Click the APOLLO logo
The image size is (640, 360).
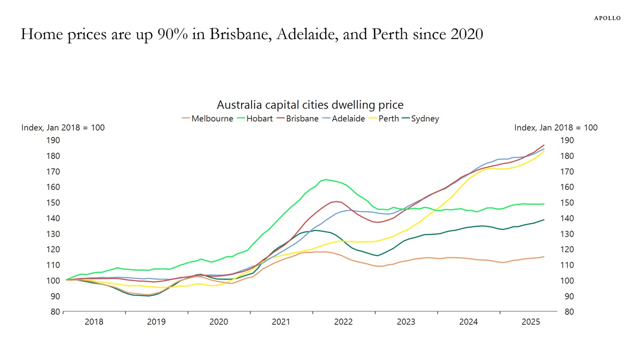click(x=607, y=18)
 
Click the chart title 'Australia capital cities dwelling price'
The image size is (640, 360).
click(x=310, y=105)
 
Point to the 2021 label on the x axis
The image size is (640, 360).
click(x=281, y=322)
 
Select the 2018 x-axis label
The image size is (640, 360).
click(x=94, y=322)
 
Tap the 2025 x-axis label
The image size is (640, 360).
click(x=531, y=322)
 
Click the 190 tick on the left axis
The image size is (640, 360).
click(x=53, y=140)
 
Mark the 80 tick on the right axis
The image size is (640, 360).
click(x=568, y=312)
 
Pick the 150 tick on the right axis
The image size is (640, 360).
click(x=568, y=202)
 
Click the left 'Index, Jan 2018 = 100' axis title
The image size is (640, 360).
click(x=63, y=127)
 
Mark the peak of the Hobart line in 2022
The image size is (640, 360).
click(x=326, y=180)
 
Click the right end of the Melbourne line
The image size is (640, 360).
click(x=544, y=256)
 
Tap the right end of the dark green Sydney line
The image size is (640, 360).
click(x=544, y=219)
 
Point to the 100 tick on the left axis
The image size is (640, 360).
click(x=53, y=281)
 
